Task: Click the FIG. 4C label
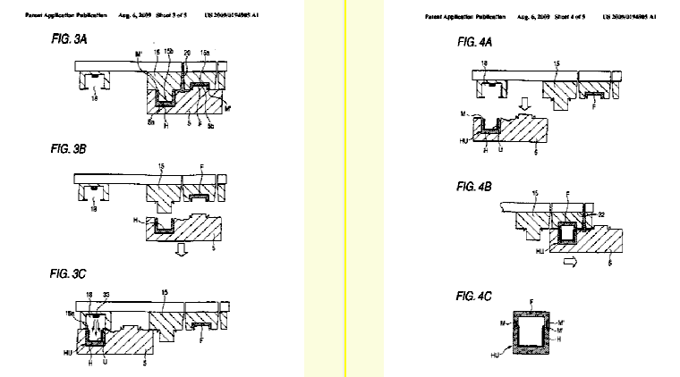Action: pos(478,292)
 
